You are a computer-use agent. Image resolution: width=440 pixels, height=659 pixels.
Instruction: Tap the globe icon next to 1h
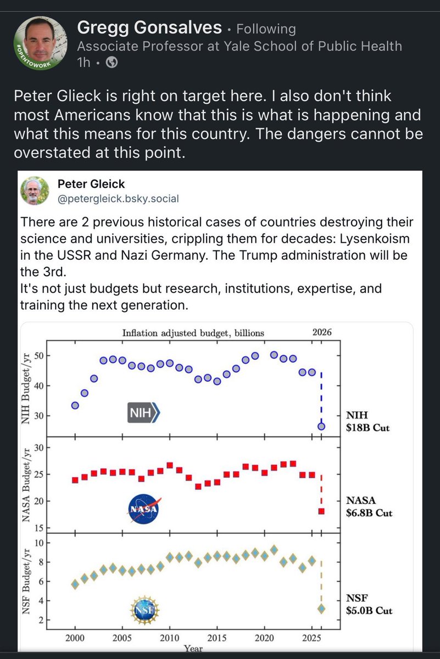(112, 63)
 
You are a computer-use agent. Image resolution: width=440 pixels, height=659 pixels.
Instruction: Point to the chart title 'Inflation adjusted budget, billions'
(193, 332)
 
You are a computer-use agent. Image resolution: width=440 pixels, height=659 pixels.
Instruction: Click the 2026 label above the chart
(322, 332)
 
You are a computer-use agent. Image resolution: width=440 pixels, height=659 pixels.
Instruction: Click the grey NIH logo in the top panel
(142, 412)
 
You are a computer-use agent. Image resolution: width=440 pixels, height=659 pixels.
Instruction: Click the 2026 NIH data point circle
(321, 426)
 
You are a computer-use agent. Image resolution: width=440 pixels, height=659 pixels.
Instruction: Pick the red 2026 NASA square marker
(321, 511)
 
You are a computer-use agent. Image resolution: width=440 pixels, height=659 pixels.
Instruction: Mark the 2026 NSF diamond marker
(321, 608)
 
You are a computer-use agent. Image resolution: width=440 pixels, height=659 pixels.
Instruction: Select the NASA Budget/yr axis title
(26, 485)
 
